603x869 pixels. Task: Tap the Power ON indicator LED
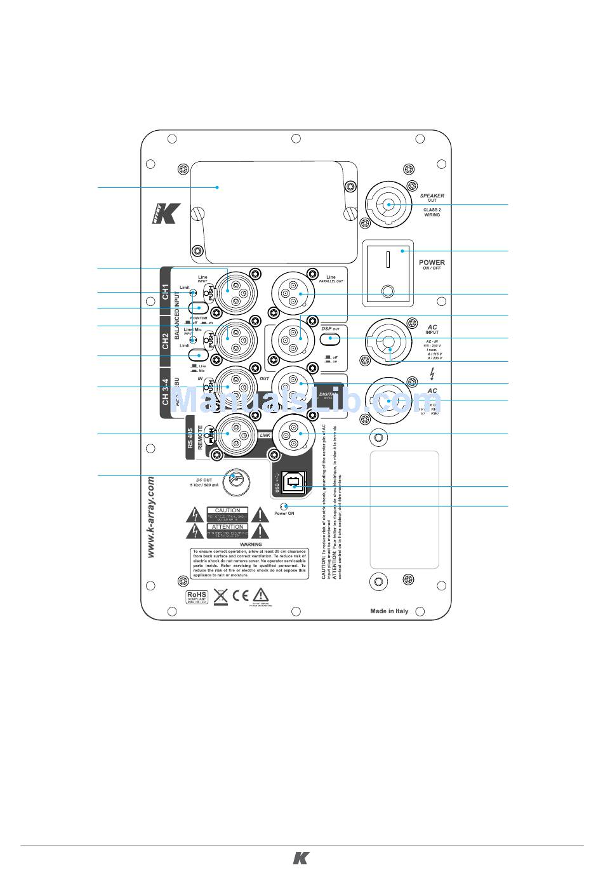(286, 506)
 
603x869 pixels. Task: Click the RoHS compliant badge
(196, 597)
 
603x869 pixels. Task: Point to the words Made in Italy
(389, 611)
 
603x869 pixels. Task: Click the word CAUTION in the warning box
(227, 510)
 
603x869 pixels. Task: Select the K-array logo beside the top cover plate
(166, 213)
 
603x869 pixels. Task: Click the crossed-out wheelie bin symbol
(220, 596)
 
